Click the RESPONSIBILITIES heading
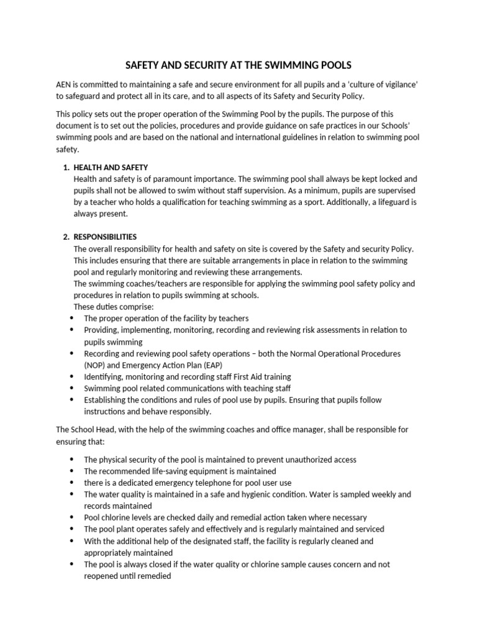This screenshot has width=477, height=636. click(105, 237)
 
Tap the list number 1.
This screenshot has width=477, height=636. click(66, 168)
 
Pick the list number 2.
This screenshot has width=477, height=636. click(66, 237)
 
